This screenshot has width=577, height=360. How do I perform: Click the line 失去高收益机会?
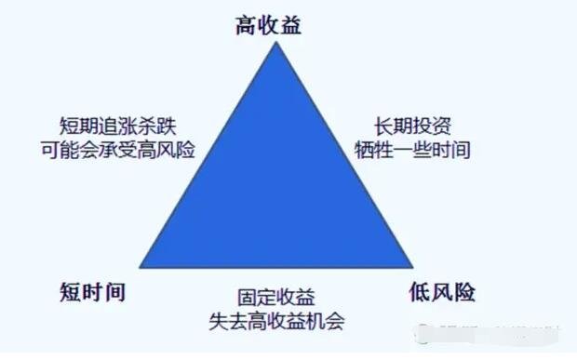pyautogui.click(x=275, y=322)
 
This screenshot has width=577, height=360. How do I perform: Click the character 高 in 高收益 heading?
pyautogui.click(x=247, y=25)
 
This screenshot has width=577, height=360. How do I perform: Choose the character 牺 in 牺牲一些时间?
pyautogui.click(x=364, y=149)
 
